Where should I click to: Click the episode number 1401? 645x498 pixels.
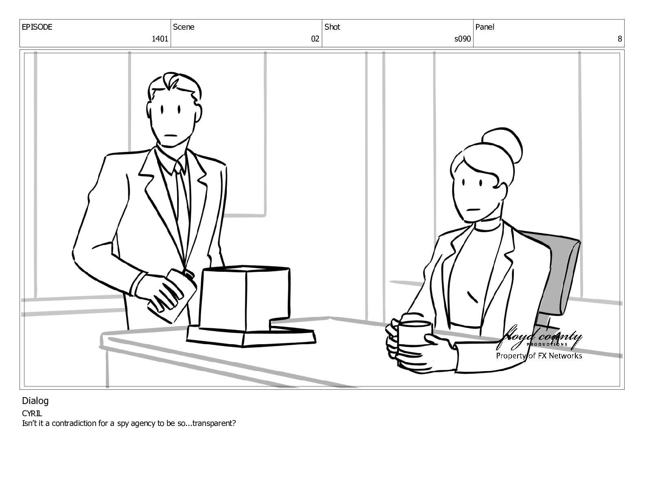[x=160, y=39]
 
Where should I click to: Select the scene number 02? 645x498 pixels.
[x=315, y=39]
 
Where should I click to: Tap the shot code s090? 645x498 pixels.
[x=462, y=39]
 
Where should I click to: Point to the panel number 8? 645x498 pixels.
[x=619, y=39]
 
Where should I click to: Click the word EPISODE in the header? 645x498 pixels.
[x=37, y=27]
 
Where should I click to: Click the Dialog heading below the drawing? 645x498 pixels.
[x=35, y=401]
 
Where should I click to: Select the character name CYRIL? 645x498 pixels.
[x=32, y=413]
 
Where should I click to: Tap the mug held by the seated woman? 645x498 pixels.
[x=414, y=333]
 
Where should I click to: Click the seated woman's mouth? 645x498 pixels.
[x=474, y=210]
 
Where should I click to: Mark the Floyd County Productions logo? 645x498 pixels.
[x=539, y=338]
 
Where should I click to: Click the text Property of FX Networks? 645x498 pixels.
[x=539, y=356]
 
